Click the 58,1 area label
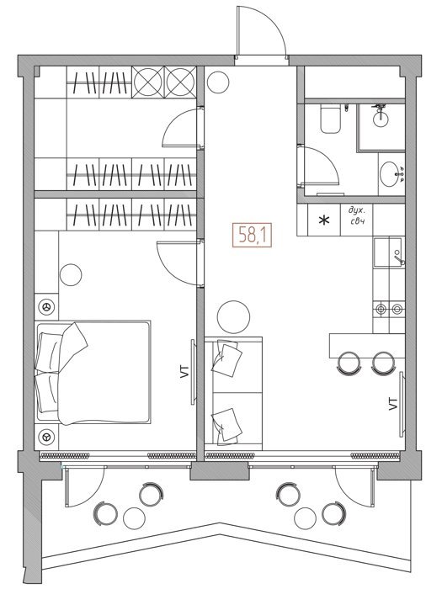click(252, 236)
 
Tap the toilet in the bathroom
click(330, 119)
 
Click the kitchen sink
click(387, 252)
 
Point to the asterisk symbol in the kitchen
click(323, 220)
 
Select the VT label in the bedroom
click(184, 372)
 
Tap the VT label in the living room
click(393, 403)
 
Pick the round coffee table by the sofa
click(233, 316)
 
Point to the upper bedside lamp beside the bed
click(46, 307)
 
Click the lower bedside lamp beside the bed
click(46, 437)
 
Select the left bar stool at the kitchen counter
click(349, 363)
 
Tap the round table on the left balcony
click(134, 518)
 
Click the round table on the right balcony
click(305, 518)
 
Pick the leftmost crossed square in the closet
click(147, 82)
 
